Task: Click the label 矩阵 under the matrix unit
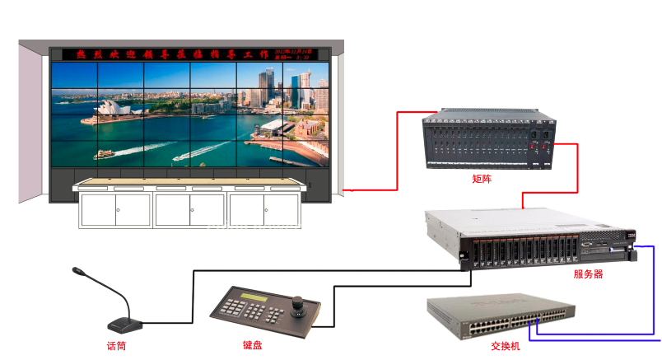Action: coord(482,179)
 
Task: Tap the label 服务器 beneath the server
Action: coord(588,274)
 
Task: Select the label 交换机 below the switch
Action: coord(505,346)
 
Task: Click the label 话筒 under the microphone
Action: coord(116,346)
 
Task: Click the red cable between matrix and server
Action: coord(550,194)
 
